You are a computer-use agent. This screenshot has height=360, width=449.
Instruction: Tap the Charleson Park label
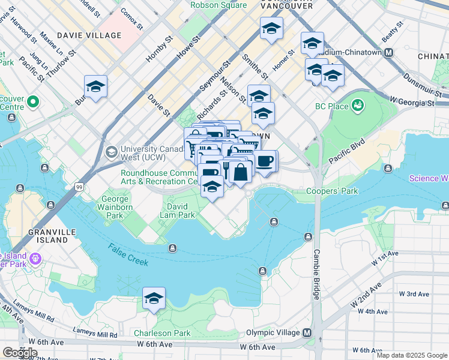[x=161, y=333]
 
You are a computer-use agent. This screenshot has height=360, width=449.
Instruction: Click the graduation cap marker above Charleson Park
[x=154, y=298]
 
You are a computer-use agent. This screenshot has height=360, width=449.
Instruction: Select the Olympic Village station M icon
[x=307, y=333]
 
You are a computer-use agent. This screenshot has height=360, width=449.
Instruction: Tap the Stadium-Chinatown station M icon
[x=389, y=52]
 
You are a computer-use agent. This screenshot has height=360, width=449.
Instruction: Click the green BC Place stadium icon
[x=358, y=106]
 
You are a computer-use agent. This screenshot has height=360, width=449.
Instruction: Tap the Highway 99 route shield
[x=79, y=188]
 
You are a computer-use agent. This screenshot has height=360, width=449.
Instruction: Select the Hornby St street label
[x=160, y=50]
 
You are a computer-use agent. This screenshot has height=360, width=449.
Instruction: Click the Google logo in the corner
[x=20, y=353]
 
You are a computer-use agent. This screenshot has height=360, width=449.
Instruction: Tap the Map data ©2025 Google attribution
[x=411, y=355]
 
